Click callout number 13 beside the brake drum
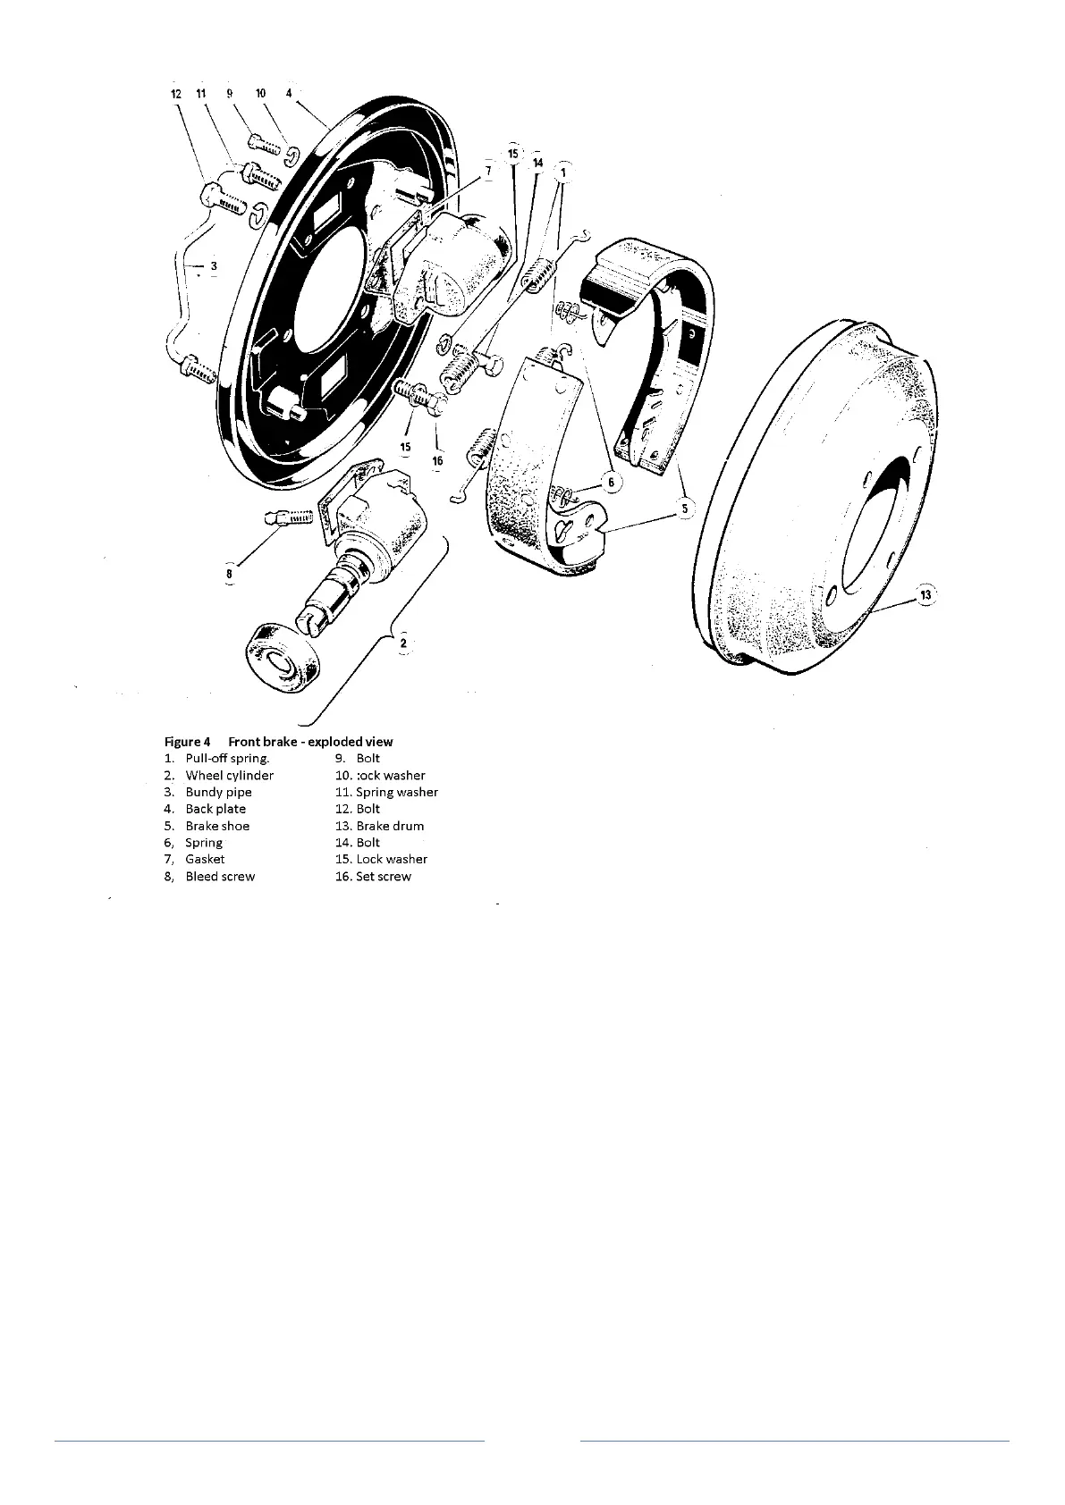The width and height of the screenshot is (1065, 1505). point(925,594)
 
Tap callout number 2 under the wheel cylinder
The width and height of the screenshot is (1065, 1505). point(403,642)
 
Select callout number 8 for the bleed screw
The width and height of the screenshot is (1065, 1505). point(230,574)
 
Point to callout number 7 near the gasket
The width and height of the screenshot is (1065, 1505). point(488,170)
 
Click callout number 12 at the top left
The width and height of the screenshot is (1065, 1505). point(176,93)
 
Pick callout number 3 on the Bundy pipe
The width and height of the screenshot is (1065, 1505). point(213,265)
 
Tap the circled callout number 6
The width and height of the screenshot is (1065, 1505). point(612,483)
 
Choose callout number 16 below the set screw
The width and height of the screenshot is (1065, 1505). point(437,461)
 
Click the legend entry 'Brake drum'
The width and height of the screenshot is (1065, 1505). point(390,826)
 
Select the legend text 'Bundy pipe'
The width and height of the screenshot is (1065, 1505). point(218,792)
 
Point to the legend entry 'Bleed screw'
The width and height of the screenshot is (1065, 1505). point(220,877)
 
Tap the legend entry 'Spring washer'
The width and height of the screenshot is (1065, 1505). point(397,792)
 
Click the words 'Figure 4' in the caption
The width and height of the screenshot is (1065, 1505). point(187,742)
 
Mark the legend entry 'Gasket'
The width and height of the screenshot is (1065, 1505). point(205,859)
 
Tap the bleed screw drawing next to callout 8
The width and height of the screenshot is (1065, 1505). point(286,517)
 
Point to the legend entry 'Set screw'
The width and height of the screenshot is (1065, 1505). point(384,877)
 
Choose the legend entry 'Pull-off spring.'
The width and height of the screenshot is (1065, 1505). point(227,759)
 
